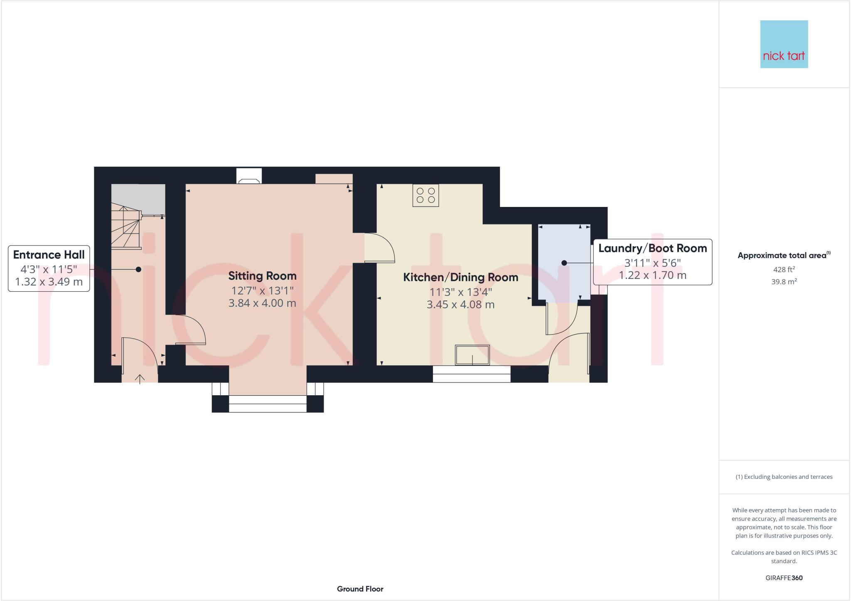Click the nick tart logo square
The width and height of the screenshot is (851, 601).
tap(784, 44)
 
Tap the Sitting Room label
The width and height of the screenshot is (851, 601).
tap(262, 276)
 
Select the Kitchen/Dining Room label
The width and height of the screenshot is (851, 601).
tap(460, 277)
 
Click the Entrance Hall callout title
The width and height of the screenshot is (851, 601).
tap(49, 255)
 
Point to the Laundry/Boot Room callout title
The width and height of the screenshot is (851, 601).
tap(652, 249)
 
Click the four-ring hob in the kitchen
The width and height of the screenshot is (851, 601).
tap(425, 195)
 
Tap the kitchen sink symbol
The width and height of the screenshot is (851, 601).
tap(472, 355)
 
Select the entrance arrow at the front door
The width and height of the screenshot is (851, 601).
tap(140, 379)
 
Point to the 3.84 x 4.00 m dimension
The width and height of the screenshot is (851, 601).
tap(262, 303)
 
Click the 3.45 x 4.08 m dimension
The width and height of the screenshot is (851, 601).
tap(460, 305)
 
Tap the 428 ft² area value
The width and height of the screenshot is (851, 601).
tap(784, 269)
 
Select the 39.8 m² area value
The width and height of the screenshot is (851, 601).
tap(784, 282)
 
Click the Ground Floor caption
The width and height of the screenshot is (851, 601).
tap(360, 589)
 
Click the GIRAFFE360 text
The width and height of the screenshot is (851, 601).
tap(784, 578)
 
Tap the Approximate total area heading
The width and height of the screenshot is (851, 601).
tap(784, 256)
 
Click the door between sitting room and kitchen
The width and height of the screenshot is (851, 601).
tap(379, 248)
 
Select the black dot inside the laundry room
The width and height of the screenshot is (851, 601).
tap(564, 263)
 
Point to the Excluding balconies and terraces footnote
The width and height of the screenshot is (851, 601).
tap(784, 477)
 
